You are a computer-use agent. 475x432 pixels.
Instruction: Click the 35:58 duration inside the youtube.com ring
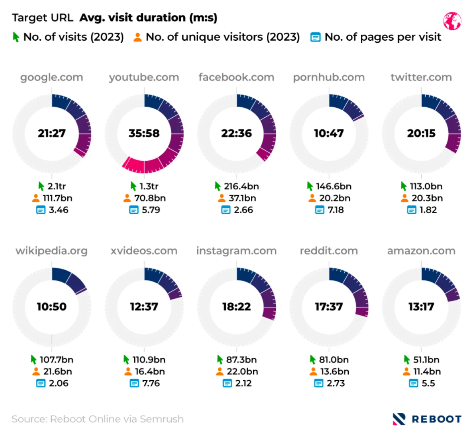pyautogui.click(x=144, y=133)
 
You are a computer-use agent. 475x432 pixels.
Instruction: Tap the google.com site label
pyautogui.click(x=52, y=77)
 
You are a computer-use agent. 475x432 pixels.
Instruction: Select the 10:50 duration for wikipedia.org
pyautogui.click(x=52, y=307)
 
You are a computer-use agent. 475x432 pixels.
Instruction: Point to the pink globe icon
pyautogui.click(x=452, y=21)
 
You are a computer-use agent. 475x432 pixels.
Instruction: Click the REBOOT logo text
pyautogui.click(x=436, y=419)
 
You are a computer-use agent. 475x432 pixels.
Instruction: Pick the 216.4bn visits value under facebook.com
pyautogui.click(x=241, y=186)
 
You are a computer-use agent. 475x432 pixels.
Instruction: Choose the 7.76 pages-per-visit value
pyautogui.click(x=151, y=383)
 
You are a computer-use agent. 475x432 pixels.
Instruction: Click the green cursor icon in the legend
pyautogui.click(x=16, y=37)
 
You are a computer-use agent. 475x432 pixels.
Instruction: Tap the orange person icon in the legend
pyautogui.click(x=138, y=37)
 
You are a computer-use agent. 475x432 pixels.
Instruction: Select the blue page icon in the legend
pyautogui.click(x=315, y=37)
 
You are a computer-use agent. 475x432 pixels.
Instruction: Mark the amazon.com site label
pyautogui.click(x=421, y=251)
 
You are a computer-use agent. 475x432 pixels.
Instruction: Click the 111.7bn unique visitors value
pyautogui.click(x=58, y=198)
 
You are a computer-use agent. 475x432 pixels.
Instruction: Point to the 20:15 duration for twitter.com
pyautogui.click(x=421, y=133)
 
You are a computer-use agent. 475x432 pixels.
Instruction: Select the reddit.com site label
pyautogui.click(x=329, y=251)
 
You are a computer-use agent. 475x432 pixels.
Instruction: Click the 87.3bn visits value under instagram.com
pyautogui.click(x=241, y=360)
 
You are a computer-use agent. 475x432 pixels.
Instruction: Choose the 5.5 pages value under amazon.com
pyautogui.click(x=428, y=383)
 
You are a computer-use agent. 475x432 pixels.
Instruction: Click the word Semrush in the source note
pyautogui.click(x=162, y=419)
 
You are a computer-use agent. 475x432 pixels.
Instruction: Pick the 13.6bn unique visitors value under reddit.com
pyautogui.click(x=335, y=371)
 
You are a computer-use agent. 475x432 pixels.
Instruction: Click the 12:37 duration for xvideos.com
pyautogui.click(x=144, y=307)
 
